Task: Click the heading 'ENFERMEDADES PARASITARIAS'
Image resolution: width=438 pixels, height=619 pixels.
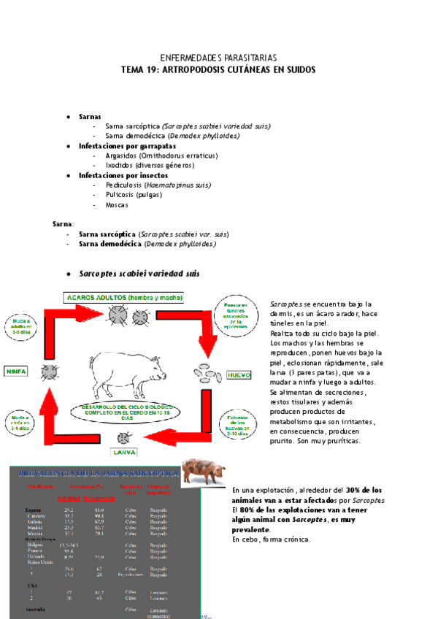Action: [218, 58]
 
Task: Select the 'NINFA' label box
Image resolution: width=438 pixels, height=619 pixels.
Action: [15, 371]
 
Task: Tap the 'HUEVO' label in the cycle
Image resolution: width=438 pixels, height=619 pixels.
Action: [239, 374]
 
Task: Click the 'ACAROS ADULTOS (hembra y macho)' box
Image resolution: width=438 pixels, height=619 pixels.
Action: [125, 298]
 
